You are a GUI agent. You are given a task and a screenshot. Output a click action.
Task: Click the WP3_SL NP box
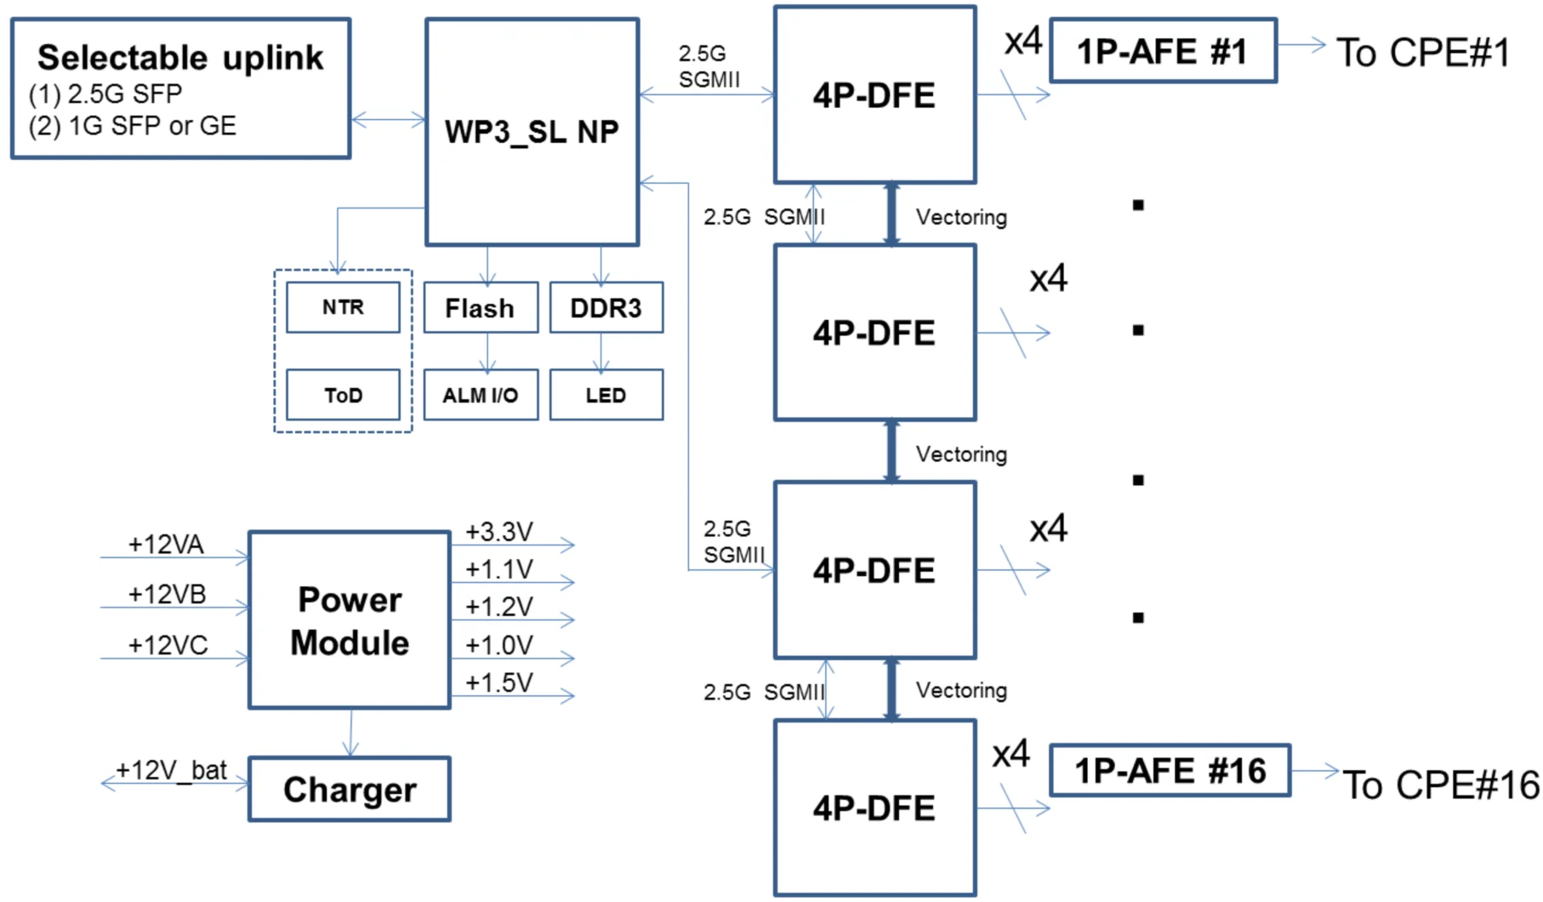point(532,132)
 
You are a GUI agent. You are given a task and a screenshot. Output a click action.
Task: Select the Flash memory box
point(481,307)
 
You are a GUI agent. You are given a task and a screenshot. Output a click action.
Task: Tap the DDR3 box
point(606,307)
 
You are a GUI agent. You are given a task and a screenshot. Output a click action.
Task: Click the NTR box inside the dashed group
point(343,307)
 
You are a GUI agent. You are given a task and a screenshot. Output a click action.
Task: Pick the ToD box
point(343,395)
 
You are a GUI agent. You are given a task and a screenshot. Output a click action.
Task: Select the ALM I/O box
point(481,395)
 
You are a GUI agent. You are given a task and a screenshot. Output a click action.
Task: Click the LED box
point(606,395)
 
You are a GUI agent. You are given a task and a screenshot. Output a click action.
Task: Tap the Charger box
point(350,789)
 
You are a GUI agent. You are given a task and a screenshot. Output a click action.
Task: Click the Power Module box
point(350,620)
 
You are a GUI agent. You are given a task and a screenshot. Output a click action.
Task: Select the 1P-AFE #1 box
point(1163,51)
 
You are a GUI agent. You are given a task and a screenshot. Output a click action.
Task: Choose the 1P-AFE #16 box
point(1170,771)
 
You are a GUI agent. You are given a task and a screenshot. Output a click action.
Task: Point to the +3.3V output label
point(499,532)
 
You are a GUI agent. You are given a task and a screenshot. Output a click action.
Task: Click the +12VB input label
point(167,594)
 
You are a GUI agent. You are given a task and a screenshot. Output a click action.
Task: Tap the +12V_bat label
point(171,770)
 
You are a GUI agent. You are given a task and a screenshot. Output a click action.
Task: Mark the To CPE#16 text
point(1440,785)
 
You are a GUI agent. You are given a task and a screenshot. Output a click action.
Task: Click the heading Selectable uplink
point(180,58)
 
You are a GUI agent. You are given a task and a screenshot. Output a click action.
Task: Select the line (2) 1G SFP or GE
point(133,126)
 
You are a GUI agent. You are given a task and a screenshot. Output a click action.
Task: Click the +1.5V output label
point(499,682)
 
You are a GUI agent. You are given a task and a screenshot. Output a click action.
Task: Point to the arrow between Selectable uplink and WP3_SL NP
point(388,121)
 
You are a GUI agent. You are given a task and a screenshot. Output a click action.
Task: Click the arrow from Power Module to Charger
point(351,733)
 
